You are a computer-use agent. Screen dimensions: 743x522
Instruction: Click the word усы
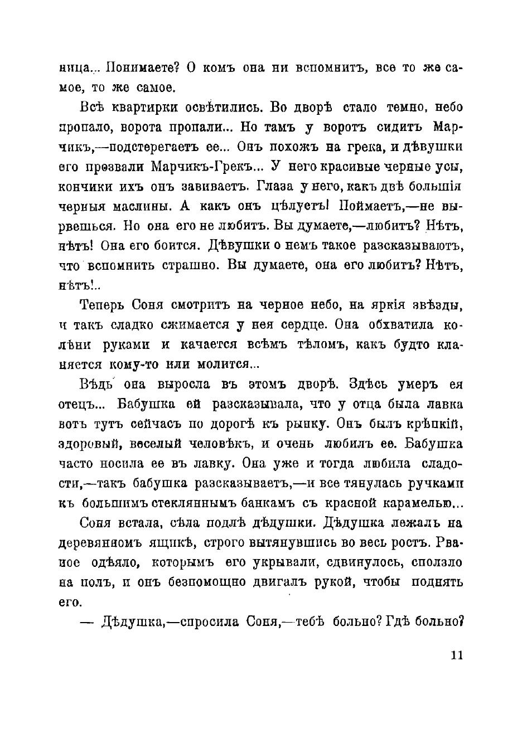point(450,167)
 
